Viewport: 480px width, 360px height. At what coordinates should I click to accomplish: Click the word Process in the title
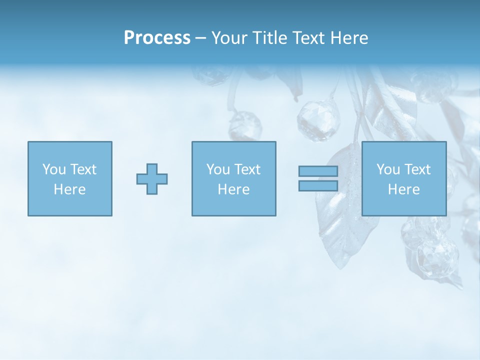[x=157, y=38]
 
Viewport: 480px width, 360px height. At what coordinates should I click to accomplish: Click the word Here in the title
[x=349, y=38]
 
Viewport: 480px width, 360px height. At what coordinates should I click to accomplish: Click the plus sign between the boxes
[x=152, y=179]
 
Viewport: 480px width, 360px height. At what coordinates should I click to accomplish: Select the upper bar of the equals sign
[x=318, y=171]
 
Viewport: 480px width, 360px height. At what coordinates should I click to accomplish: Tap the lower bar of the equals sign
[x=318, y=185]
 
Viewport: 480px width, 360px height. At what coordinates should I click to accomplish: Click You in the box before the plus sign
[x=54, y=169]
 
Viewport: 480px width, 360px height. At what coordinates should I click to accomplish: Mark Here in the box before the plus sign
[x=69, y=189]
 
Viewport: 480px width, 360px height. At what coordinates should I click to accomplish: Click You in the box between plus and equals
[x=218, y=169]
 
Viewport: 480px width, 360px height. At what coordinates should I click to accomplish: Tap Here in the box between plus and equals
[x=233, y=189]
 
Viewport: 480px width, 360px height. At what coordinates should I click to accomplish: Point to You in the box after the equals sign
[x=388, y=169]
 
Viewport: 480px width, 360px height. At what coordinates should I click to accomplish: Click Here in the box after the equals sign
[x=403, y=189]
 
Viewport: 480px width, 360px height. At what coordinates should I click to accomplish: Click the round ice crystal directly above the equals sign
[x=318, y=120]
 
